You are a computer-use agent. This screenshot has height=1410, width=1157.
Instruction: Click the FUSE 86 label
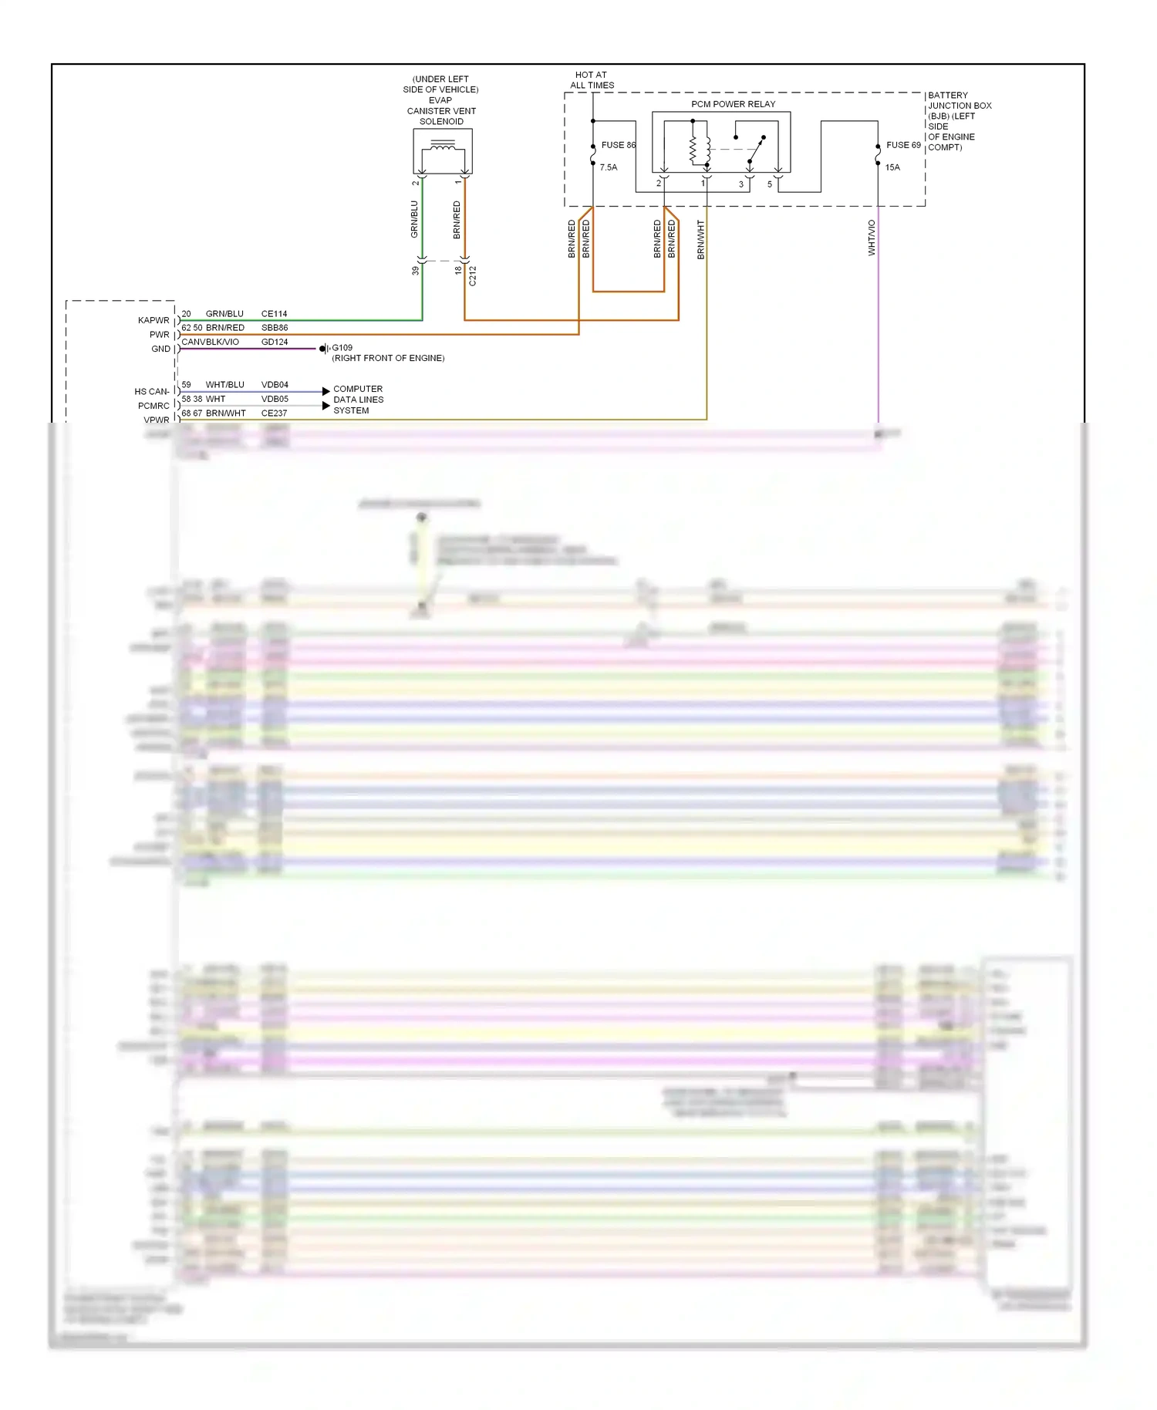point(618,145)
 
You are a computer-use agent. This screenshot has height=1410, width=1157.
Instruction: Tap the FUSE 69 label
point(902,145)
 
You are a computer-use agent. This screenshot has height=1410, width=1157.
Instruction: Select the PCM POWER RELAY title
point(733,104)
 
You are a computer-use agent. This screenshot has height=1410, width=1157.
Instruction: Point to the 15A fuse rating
point(892,167)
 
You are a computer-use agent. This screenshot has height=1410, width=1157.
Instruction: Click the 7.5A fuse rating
point(609,167)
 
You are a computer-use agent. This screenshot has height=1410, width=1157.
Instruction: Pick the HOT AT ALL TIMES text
point(592,80)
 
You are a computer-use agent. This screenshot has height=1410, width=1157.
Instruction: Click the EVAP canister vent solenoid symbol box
point(443,151)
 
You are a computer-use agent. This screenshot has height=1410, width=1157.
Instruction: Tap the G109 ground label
point(342,348)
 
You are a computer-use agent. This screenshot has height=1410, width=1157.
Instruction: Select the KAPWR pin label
point(153,321)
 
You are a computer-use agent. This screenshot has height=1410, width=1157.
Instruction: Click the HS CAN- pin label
point(151,392)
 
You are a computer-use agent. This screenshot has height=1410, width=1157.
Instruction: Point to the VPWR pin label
point(157,420)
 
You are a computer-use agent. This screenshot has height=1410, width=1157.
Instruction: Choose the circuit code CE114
point(274,314)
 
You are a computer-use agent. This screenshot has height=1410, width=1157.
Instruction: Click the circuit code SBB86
point(274,328)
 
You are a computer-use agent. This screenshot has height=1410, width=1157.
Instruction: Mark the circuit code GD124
point(274,342)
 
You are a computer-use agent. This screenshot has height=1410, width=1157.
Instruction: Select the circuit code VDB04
point(274,385)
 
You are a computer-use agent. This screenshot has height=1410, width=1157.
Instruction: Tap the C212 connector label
point(473,276)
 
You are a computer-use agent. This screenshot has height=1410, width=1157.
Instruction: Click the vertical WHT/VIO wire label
point(872,238)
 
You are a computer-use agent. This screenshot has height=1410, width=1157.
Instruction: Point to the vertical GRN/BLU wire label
point(414,219)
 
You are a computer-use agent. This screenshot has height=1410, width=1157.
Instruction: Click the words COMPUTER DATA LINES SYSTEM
point(358,400)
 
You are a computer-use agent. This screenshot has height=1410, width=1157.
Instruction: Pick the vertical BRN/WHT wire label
point(700,239)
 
